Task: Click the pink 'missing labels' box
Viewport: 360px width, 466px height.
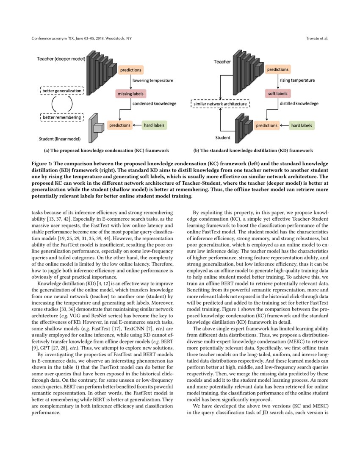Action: coord(129,94)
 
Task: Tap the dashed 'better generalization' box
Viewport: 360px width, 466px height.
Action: coord(62,90)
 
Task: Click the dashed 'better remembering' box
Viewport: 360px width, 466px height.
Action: coord(62,117)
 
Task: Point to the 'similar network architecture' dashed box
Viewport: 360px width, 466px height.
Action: coord(220,104)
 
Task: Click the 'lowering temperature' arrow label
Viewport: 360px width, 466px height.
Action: coord(152,80)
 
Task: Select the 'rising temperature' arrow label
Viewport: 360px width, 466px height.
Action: coord(297,80)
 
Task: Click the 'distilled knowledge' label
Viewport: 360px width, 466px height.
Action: coord(298,103)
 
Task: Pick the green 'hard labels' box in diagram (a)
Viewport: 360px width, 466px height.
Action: coord(154,125)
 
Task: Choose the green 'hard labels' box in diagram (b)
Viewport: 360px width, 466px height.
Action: coord(302,125)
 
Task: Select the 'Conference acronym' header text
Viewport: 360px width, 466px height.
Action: coord(81,39)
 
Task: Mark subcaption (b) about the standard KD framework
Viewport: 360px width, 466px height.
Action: coord(253,150)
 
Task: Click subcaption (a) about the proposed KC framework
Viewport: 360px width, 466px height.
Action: coord(106,150)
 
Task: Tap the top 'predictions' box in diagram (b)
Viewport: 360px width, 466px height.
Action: coord(278,69)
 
